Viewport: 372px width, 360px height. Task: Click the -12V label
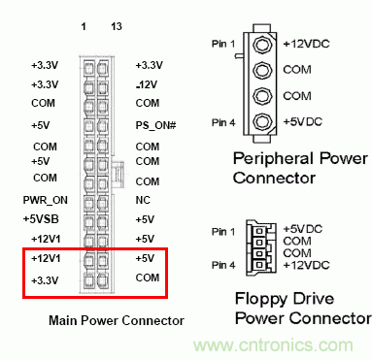point(149,84)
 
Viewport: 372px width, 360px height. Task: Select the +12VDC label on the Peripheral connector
point(309,44)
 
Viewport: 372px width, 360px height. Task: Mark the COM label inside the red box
point(148,278)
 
